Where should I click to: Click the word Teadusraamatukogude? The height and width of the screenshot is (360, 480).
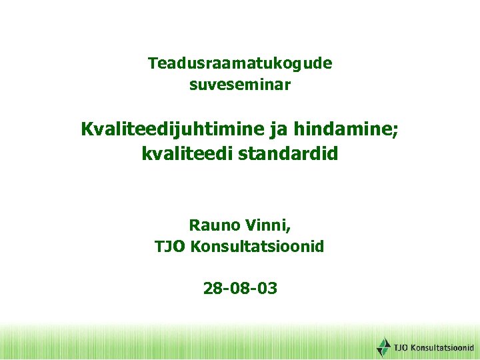(240, 64)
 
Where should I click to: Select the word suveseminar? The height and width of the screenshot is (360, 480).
(240, 85)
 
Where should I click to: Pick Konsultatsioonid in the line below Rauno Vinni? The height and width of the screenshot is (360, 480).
(257, 247)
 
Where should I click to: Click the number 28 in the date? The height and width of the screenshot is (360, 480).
(213, 289)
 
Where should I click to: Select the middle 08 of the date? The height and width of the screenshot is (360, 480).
(240, 289)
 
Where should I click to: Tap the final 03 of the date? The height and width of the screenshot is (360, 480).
(267, 289)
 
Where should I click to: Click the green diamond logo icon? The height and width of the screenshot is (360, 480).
(383, 347)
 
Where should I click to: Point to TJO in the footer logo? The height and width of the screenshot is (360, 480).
(401, 347)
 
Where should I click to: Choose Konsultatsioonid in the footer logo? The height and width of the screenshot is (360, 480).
(442, 347)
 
